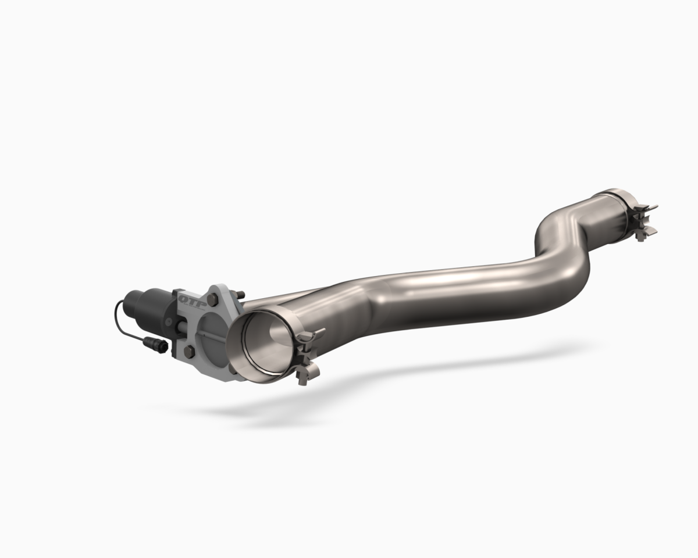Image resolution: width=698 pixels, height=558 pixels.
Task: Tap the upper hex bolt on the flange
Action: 212,300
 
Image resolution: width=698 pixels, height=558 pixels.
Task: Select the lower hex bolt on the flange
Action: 189,351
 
